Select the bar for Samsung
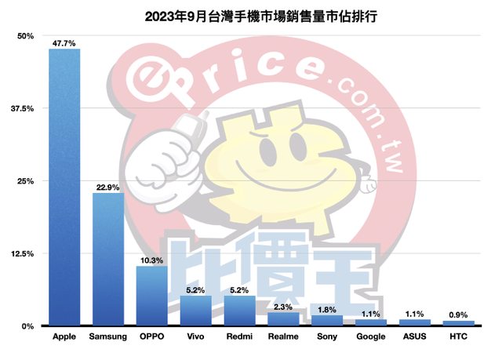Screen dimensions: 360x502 (x=108, y=259)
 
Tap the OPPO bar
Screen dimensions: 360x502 (x=151, y=296)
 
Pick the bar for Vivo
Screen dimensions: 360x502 (x=195, y=311)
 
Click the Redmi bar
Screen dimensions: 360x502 (x=239, y=311)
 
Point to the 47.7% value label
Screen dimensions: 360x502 (x=64, y=43)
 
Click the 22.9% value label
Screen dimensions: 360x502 (x=108, y=187)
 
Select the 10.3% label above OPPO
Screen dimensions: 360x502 (x=152, y=260)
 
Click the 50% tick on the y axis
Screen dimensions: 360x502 (x=25, y=36)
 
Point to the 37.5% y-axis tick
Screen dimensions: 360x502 (x=22, y=108)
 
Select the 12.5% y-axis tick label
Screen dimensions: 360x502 (x=22, y=253)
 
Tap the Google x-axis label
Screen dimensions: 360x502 (x=370, y=337)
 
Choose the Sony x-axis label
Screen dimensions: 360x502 (x=327, y=337)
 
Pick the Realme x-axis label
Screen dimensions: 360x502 (x=283, y=337)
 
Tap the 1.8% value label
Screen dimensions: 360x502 (x=327, y=309)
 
